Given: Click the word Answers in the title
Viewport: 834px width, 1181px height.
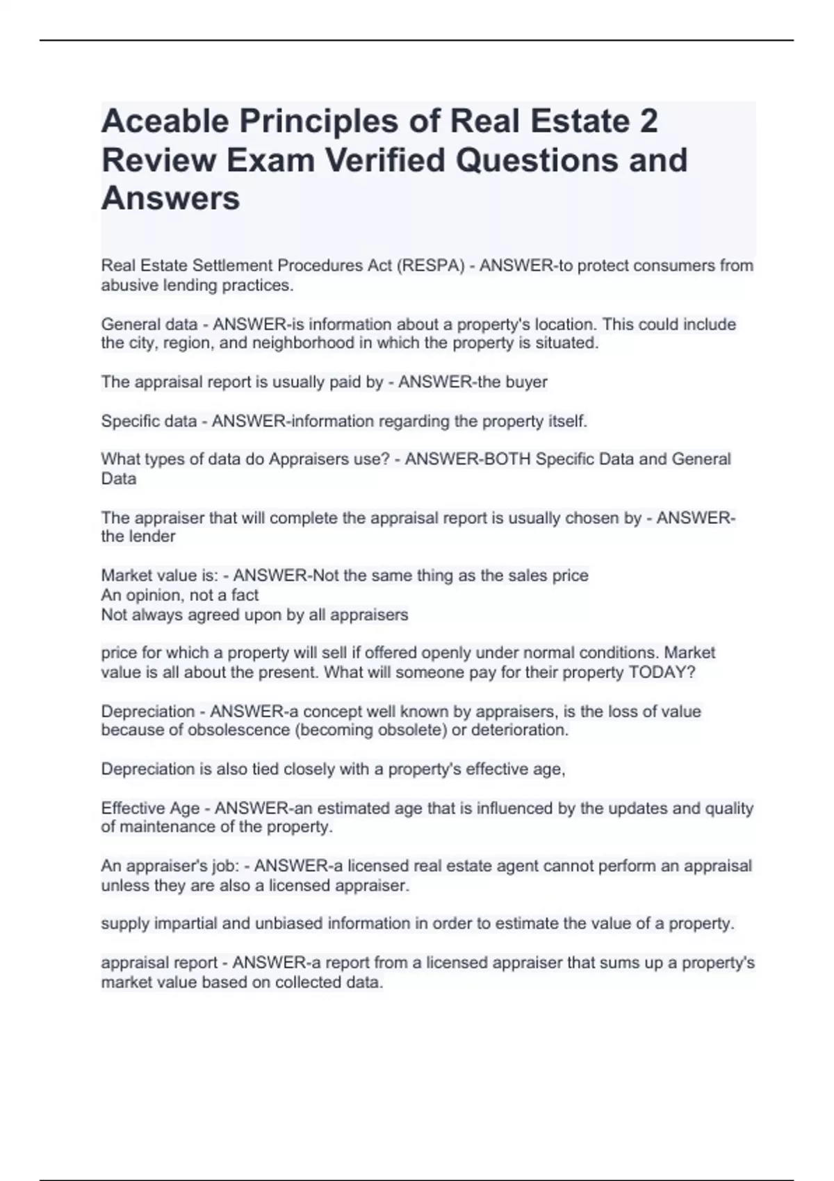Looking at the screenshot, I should [170, 198].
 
